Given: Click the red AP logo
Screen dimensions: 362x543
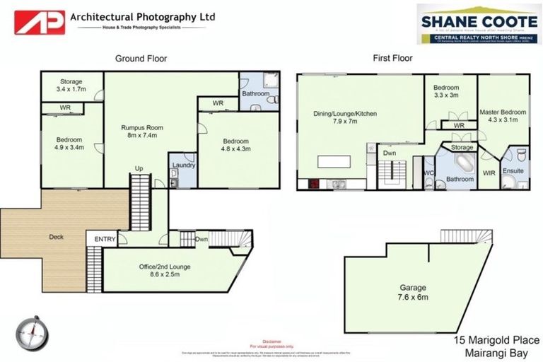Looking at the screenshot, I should pyautogui.click(x=40, y=22).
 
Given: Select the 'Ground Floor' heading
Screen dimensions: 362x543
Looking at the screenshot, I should pyautogui.click(x=141, y=59).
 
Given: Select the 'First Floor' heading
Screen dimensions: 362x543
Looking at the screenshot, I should pyautogui.click(x=392, y=59).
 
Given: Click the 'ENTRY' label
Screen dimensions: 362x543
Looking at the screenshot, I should pyautogui.click(x=105, y=240).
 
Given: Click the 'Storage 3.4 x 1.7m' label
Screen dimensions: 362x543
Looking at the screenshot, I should pyautogui.click(x=71, y=86).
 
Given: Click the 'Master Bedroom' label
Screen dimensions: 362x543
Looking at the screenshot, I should pyautogui.click(x=503, y=116).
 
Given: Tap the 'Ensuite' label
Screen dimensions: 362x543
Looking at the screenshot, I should pyautogui.click(x=513, y=170).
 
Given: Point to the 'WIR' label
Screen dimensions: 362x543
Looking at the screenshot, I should pyautogui.click(x=488, y=172).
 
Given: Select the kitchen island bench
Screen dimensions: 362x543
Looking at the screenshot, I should pyautogui.click(x=334, y=161).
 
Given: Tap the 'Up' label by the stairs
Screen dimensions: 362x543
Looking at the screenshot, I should pyautogui.click(x=140, y=168).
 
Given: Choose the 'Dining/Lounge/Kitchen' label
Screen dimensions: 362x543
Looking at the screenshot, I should pyautogui.click(x=345, y=117).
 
